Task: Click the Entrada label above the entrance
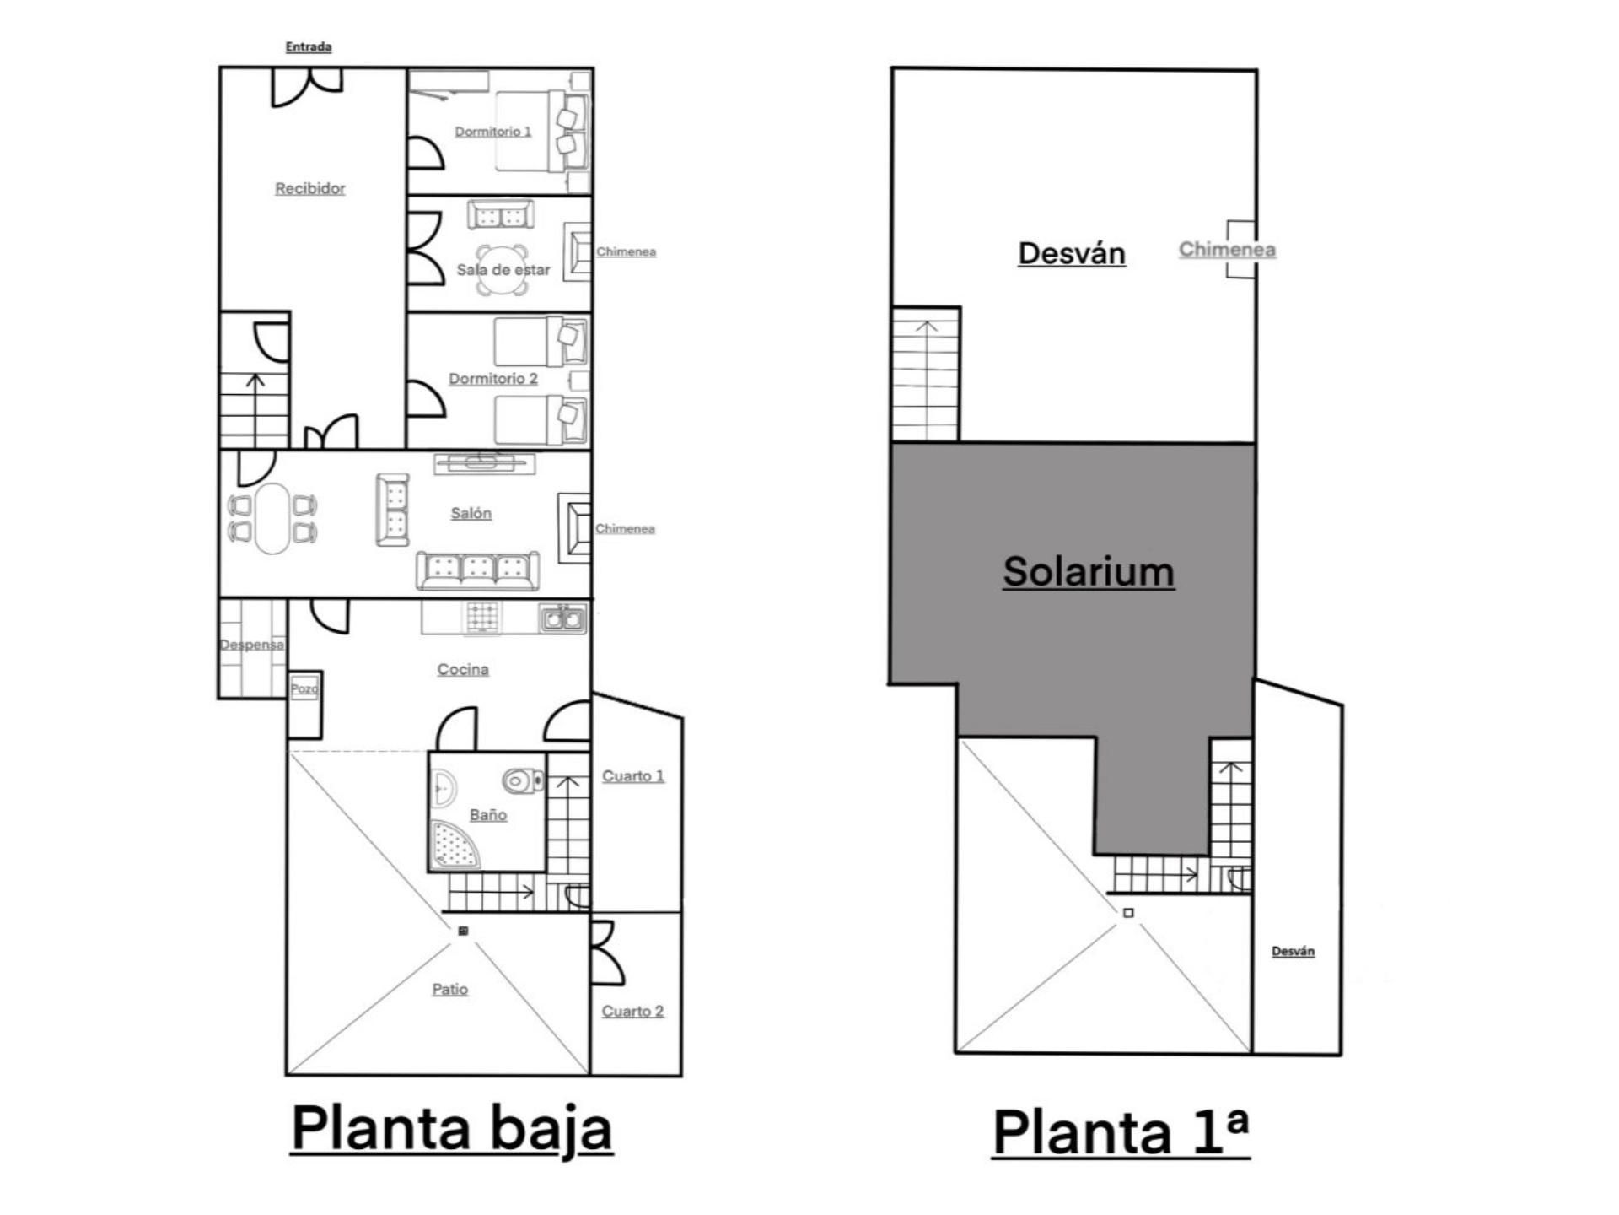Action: tap(308, 46)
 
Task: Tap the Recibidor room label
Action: tap(310, 188)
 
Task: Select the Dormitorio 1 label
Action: tap(493, 132)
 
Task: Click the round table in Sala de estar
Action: tap(503, 268)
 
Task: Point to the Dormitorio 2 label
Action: tap(493, 379)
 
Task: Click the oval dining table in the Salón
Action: tap(272, 518)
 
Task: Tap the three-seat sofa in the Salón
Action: tap(477, 570)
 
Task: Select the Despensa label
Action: tap(251, 645)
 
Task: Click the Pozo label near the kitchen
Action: tap(304, 688)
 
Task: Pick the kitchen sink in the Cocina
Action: tap(562, 619)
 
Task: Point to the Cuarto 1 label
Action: tap(633, 776)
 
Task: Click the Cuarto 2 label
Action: tap(633, 1011)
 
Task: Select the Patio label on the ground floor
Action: tap(449, 989)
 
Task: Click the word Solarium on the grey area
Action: tap(1089, 571)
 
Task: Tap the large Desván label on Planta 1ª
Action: tap(1072, 253)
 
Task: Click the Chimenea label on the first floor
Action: tap(1227, 250)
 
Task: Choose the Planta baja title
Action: tap(452, 1128)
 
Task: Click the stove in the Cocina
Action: tap(483, 617)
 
